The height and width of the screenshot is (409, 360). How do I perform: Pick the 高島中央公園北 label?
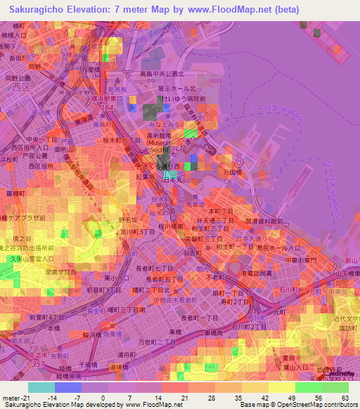(x=162, y=73)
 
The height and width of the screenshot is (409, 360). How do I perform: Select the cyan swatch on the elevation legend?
(x=41, y=387)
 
